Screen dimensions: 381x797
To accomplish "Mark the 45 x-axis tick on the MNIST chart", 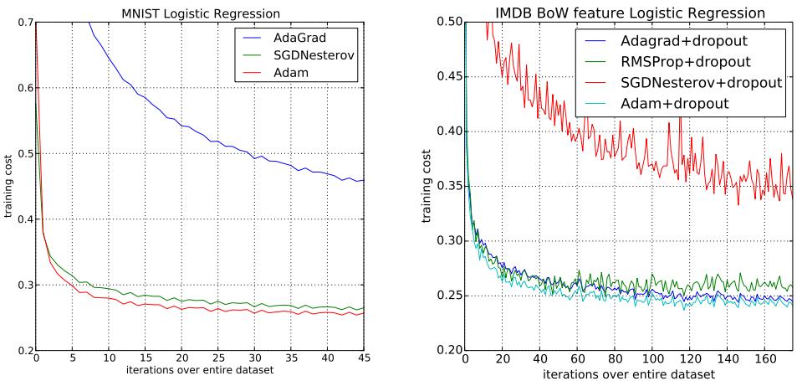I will click(x=364, y=359).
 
